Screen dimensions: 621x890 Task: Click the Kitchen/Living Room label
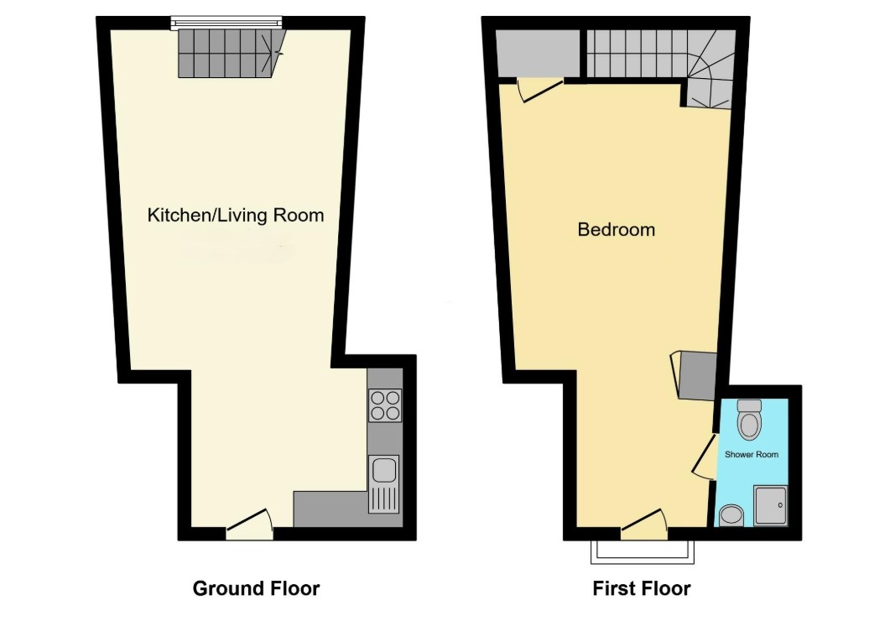pyautogui.click(x=236, y=215)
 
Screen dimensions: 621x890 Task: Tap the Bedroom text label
pyautogui.click(x=617, y=229)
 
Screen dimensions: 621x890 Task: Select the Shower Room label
pyautogui.click(x=752, y=455)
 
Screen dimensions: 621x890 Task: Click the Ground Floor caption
pyautogui.click(x=256, y=588)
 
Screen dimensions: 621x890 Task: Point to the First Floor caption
pyautogui.click(x=642, y=588)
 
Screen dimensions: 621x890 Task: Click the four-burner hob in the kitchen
pyautogui.click(x=385, y=405)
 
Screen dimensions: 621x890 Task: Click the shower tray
pyautogui.click(x=770, y=504)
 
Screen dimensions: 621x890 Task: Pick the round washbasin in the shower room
pyautogui.click(x=731, y=514)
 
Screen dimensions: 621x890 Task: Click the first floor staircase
pyautogui.click(x=654, y=59)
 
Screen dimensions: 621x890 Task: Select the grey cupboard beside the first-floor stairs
pyautogui.click(x=538, y=52)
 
